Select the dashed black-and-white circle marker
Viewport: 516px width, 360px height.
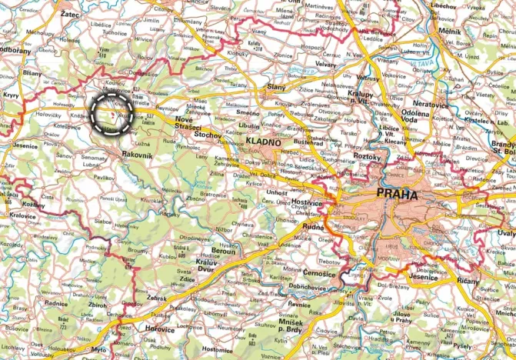click(112, 114)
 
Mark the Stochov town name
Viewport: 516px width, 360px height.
click(208, 135)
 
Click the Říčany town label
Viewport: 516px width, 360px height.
click(490, 282)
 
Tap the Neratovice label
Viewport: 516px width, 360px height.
click(429, 102)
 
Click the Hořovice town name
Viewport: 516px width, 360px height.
click(160, 328)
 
